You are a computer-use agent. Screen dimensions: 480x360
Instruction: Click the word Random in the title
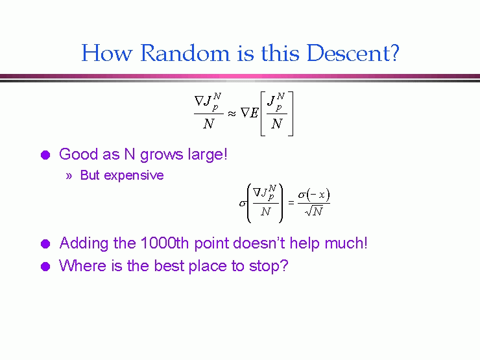click(x=185, y=53)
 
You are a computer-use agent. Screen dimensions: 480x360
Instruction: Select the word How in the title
click(x=107, y=53)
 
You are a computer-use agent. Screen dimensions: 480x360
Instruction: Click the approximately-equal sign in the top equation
click(x=232, y=114)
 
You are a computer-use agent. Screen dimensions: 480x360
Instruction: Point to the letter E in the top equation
click(x=254, y=113)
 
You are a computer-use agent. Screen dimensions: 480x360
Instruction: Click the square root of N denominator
click(x=314, y=211)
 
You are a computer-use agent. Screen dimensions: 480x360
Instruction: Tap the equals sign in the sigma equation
click(x=291, y=202)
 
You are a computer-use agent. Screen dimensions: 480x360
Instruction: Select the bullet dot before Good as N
click(x=45, y=155)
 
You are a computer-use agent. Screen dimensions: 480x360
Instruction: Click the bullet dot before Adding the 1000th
click(x=45, y=244)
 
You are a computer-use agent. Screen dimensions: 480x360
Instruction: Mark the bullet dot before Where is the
click(x=45, y=267)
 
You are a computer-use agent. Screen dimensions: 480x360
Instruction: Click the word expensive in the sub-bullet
click(x=134, y=176)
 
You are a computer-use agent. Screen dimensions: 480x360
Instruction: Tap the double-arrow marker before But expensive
click(x=69, y=176)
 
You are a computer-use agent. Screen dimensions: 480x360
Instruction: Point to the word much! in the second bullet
click(x=346, y=243)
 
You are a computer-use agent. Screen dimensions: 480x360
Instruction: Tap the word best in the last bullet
click(x=169, y=266)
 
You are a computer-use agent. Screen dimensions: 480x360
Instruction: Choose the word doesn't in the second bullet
click(x=259, y=243)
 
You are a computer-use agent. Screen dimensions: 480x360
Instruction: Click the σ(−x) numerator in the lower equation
click(x=314, y=195)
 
